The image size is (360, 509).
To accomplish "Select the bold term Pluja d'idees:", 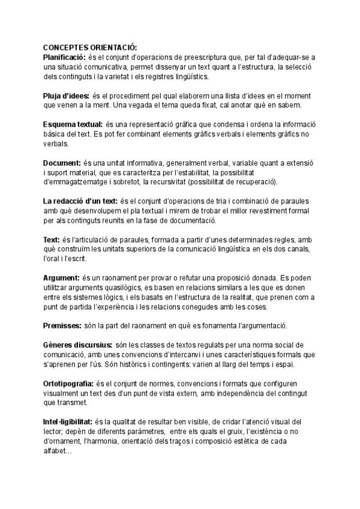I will pyautogui.click(x=66, y=96).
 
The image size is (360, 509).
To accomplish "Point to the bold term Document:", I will pyautogui.click(x=62, y=163).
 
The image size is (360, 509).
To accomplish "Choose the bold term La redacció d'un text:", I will pyautogui.click(x=81, y=200).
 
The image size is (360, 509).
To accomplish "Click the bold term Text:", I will pyautogui.click(x=52, y=239).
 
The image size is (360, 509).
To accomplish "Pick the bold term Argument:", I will pyautogui.click(x=61, y=278).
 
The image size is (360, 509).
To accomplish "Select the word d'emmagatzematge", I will pyautogui.click(x=76, y=182).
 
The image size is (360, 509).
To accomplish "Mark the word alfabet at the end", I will pyautogui.click(x=56, y=451).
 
